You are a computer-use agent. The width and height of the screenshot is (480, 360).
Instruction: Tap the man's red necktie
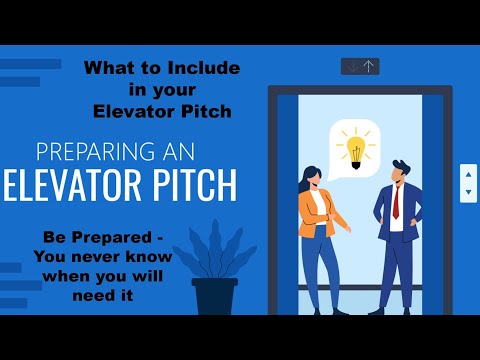(x=396, y=202)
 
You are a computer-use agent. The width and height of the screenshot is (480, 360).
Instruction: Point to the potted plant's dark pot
(x=213, y=297)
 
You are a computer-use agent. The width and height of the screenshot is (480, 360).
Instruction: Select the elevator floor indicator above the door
(x=360, y=66)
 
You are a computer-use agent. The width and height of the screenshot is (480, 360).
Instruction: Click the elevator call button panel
(x=467, y=183)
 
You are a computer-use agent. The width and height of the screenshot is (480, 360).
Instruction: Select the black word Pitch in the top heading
(x=207, y=111)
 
